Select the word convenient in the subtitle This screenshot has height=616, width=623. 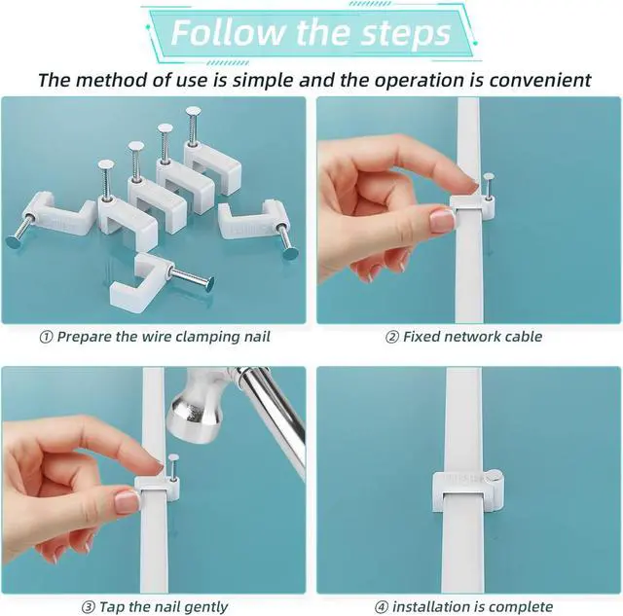tap(540, 80)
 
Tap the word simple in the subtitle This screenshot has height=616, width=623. tap(263, 81)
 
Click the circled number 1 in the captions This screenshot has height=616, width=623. tap(46, 337)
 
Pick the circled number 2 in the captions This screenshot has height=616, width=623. tap(391, 337)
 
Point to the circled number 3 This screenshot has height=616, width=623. tap(88, 607)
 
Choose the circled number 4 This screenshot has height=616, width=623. tap(381, 607)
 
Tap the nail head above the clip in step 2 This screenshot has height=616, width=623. tap(488, 176)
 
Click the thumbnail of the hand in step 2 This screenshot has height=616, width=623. tap(442, 220)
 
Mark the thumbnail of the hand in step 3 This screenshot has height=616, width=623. tap(128, 501)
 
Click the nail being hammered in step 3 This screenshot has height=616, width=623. tap(173, 467)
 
